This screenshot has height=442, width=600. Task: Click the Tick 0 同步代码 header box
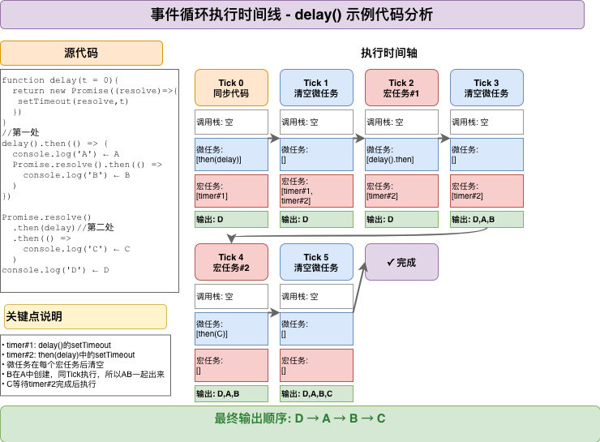pyautogui.click(x=231, y=88)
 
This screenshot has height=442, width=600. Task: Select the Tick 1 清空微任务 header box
pyautogui.click(x=316, y=88)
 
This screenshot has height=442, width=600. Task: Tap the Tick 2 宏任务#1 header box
pyautogui.click(x=401, y=88)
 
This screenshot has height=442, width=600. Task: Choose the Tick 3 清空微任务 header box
pyautogui.click(x=486, y=88)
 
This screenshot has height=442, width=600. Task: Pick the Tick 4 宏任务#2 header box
pyautogui.click(x=231, y=262)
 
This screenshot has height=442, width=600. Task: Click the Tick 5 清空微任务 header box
pyautogui.click(x=316, y=262)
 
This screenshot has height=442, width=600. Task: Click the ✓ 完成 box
pyautogui.click(x=401, y=262)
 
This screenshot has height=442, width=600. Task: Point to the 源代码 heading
pyautogui.click(x=81, y=54)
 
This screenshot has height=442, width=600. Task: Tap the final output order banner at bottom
pyautogui.click(x=300, y=418)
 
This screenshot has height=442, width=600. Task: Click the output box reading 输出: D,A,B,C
pyautogui.click(x=316, y=394)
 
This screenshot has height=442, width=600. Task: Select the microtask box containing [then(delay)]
pyautogui.click(x=231, y=155)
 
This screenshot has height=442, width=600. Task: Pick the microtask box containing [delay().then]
pyautogui.click(x=401, y=155)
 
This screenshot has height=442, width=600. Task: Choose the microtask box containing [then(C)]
pyautogui.click(x=231, y=329)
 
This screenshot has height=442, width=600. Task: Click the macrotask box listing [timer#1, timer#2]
pyautogui.click(x=316, y=191)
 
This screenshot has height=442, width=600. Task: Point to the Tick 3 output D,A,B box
pyautogui.click(x=486, y=219)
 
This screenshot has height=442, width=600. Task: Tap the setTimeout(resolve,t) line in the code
pyautogui.click(x=72, y=101)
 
